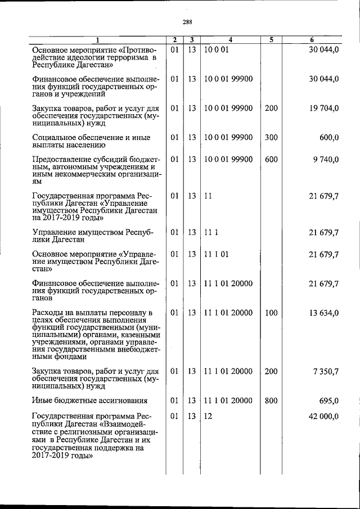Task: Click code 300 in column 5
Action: [x=271, y=137]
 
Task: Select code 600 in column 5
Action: [x=271, y=160]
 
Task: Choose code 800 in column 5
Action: [x=271, y=400]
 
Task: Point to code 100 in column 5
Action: [x=271, y=313]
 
